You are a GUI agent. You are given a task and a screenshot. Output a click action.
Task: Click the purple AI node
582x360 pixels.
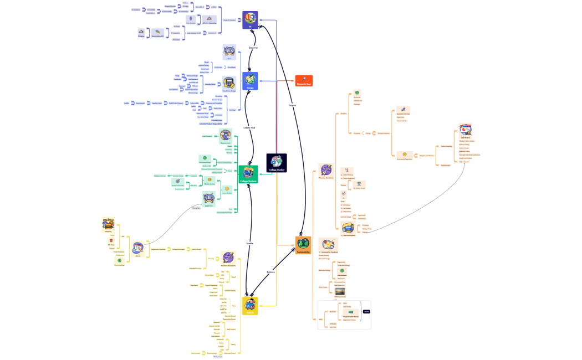(x=250, y=20)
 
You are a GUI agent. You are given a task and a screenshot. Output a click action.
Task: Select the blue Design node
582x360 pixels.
(x=250, y=81)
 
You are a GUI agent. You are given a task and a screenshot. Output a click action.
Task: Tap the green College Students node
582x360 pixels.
(x=248, y=174)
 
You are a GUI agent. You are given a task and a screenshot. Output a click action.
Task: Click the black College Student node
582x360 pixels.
(x=277, y=163)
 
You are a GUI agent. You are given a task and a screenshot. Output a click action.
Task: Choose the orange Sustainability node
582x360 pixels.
(x=303, y=245)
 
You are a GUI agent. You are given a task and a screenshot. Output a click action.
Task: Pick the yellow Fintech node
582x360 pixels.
(x=249, y=305)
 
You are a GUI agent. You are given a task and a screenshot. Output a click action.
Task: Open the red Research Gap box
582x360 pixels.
(x=304, y=80)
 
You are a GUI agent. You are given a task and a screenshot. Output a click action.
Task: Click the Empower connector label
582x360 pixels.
(x=253, y=48)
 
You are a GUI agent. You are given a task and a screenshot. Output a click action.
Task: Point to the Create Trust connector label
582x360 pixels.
(x=249, y=127)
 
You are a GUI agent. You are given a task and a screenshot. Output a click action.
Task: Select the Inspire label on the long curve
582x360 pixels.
(x=293, y=105)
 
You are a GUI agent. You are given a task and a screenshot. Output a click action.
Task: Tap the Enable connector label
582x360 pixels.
(x=249, y=244)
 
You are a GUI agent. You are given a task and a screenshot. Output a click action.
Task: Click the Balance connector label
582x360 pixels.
(x=270, y=272)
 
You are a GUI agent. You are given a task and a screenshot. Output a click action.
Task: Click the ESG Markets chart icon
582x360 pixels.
(x=465, y=130)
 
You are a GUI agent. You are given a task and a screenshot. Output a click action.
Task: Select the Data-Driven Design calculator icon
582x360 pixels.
(x=228, y=83)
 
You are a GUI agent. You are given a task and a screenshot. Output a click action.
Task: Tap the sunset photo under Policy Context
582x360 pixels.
(x=339, y=291)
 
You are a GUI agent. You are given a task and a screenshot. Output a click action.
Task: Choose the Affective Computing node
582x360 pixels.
(x=209, y=19)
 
